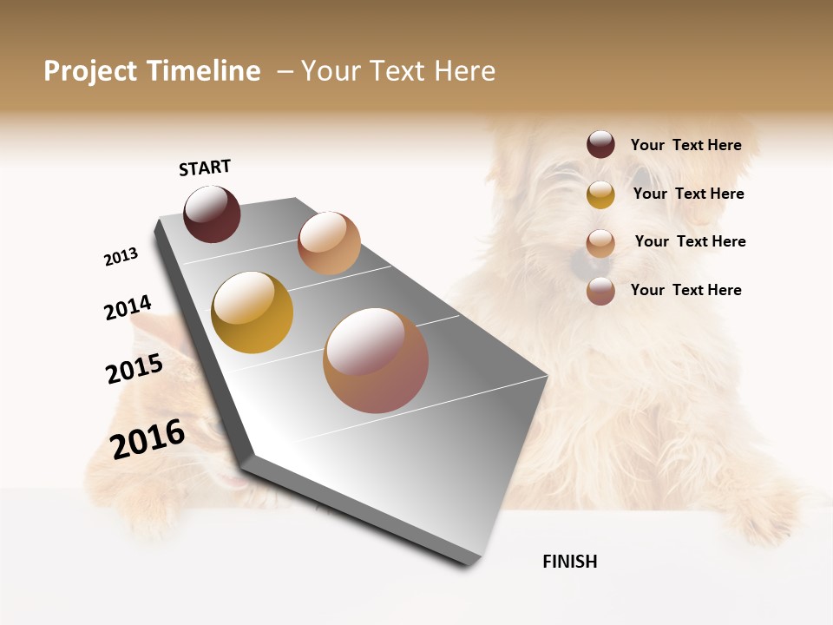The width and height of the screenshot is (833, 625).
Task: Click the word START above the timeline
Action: point(205,168)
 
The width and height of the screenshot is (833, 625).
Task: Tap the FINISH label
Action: point(569,562)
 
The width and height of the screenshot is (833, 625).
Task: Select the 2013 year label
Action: point(121,257)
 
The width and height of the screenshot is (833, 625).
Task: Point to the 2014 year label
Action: point(128,307)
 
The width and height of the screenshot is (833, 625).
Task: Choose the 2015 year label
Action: point(134,370)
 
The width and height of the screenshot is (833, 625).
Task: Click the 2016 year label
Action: point(148,439)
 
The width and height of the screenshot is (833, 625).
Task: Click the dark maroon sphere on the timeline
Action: point(212,214)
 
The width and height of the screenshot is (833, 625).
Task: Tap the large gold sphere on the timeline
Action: point(252,312)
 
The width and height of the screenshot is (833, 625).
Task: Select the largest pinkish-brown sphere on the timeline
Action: point(376,360)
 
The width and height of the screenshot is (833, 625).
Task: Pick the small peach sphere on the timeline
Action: point(329,243)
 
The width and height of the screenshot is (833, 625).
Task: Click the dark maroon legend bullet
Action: point(600,145)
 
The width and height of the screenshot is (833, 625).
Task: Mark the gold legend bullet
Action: point(600,194)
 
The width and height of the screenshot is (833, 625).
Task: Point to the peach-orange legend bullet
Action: point(600,243)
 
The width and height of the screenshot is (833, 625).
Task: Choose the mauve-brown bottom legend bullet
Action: point(600,291)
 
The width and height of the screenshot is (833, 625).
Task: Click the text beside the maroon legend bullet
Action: point(685,145)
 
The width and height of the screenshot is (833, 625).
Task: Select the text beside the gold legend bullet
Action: point(688,194)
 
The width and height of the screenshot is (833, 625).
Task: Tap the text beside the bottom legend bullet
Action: point(685,290)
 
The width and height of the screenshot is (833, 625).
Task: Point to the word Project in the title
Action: point(91,71)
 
